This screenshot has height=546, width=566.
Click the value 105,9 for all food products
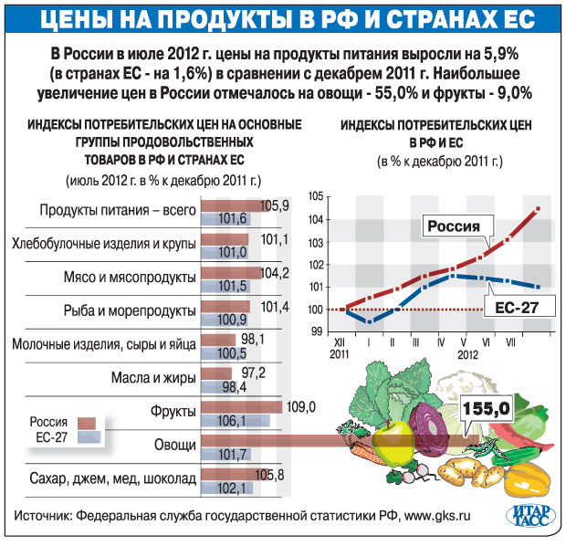[x=274, y=205]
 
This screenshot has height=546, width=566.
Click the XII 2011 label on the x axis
[x=340, y=348]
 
